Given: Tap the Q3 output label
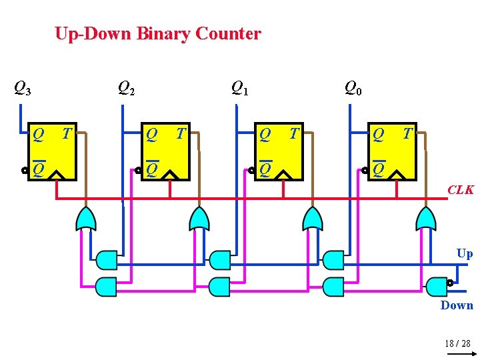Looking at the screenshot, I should click(23, 88).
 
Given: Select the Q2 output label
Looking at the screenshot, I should click(126, 88).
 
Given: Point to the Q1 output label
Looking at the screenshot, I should click(239, 88).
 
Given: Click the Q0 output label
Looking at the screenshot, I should click(353, 88).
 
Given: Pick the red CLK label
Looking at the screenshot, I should click(461, 190).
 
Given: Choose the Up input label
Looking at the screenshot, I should click(465, 253).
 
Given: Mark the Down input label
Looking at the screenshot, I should click(457, 305).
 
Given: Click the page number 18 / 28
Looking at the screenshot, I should click(457, 343).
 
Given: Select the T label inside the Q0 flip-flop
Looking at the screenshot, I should click(407, 134).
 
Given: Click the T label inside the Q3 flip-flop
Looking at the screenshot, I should click(66, 134).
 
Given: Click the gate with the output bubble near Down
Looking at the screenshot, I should click(437, 286).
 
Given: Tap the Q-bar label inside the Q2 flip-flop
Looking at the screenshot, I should click(152, 169).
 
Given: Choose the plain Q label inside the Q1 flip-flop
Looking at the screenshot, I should click(265, 135).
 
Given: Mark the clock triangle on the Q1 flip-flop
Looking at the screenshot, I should click(285, 175).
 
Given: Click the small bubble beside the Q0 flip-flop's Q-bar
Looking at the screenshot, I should click(365, 170).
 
